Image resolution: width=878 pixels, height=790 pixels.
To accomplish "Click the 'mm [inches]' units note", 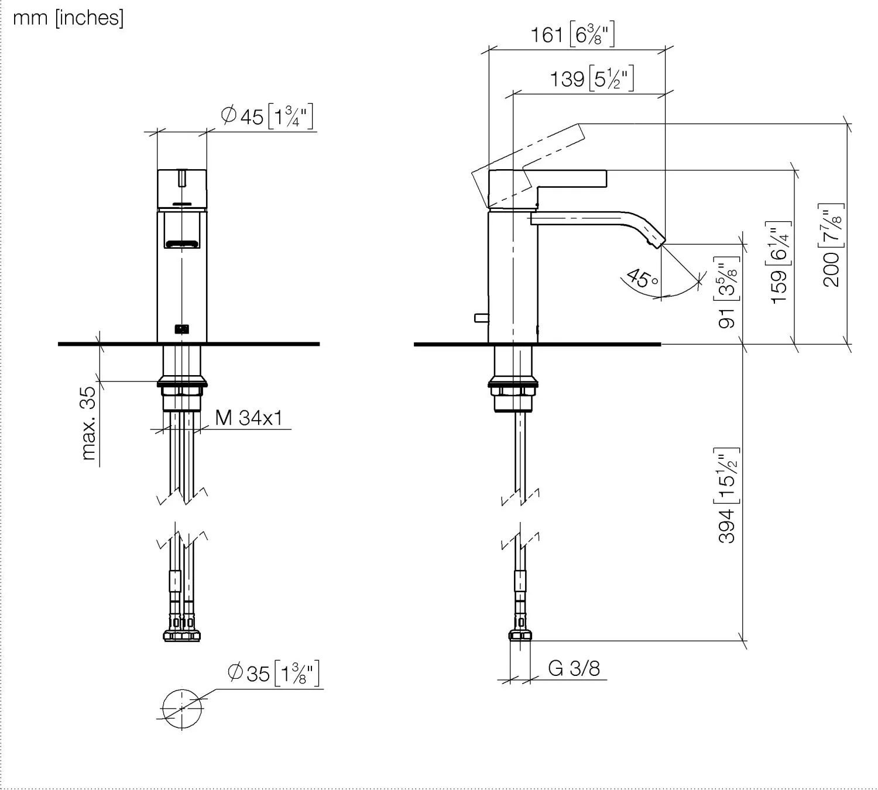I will [68, 18].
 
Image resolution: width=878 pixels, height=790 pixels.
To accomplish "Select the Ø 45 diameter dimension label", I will [267, 116].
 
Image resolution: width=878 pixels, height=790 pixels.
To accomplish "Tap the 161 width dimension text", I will [572, 35].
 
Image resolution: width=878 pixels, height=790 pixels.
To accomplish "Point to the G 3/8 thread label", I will [574, 668].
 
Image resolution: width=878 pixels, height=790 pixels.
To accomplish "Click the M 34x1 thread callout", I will [249, 418].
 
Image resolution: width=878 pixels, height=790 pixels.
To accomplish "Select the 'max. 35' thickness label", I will [88, 423].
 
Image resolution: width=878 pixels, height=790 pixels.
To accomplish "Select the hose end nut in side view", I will [519, 636].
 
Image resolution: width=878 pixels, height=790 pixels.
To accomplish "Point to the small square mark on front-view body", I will [183, 329].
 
